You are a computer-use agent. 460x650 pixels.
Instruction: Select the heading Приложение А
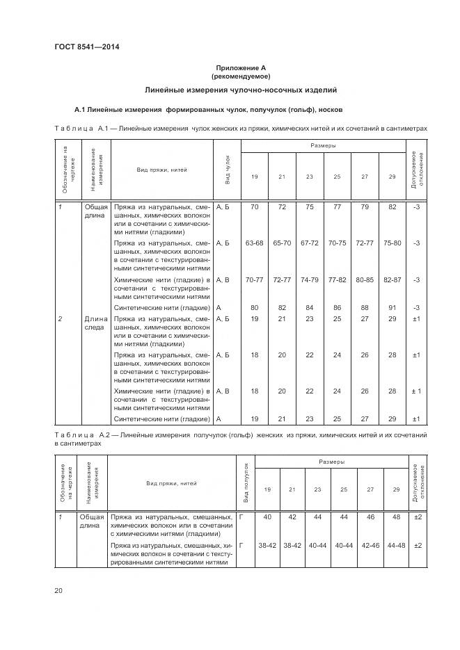click(240, 67)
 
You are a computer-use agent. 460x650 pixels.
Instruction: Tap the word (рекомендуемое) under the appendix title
click(240, 76)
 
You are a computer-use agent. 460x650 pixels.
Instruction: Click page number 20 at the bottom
click(59, 590)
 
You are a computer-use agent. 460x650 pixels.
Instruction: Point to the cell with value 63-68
click(254, 243)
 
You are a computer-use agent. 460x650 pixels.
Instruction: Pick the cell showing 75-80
click(392, 243)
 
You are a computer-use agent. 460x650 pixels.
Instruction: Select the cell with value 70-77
click(254, 280)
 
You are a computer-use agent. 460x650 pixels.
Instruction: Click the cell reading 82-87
click(392, 280)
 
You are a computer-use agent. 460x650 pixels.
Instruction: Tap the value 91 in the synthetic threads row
click(392, 307)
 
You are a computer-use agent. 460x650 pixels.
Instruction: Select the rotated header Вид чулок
click(228, 170)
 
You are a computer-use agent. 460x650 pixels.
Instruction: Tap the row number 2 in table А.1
click(61, 318)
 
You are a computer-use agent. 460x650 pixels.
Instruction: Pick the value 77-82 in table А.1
click(337, 280)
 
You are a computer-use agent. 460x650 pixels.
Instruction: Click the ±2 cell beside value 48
click(418, 517)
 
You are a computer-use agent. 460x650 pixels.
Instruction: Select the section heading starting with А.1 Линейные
click(208, 110)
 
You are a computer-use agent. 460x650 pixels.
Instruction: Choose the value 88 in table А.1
click(365, 307)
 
